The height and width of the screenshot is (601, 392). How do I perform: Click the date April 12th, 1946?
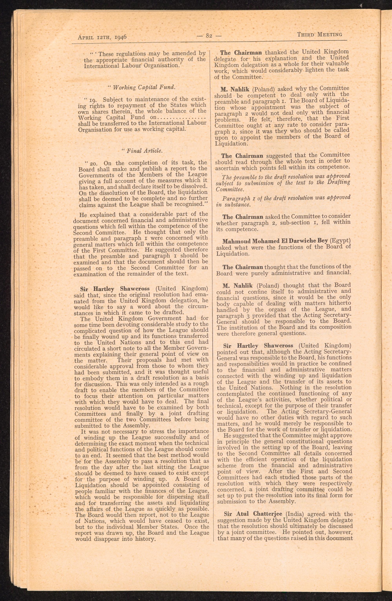pyautogui.click(x=102, y=37)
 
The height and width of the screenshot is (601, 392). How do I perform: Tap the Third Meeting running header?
pyautogui.click(x=319, y=34)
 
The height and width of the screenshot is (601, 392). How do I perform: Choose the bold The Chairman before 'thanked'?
pyautogui.click(x=241, y=53)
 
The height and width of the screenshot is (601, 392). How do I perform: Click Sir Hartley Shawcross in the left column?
pyautogui.click(x=115, y=289)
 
